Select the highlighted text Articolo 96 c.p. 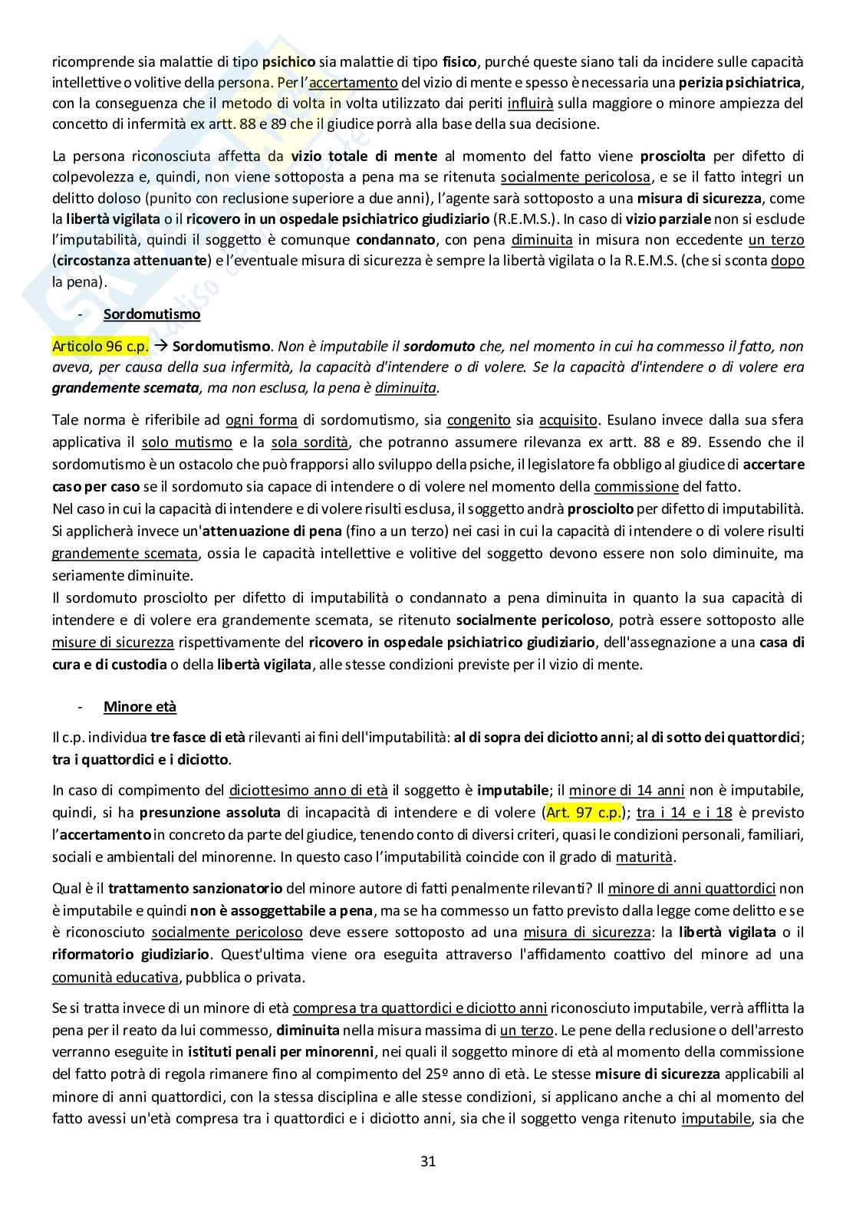(100, 346)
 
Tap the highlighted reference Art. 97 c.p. (584, 812)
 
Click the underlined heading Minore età (140, 706)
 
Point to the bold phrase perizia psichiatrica (740, 82)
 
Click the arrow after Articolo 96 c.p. (161, 346)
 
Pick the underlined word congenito (479, 420)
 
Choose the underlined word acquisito (568, 420)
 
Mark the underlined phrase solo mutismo (187, 442)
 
